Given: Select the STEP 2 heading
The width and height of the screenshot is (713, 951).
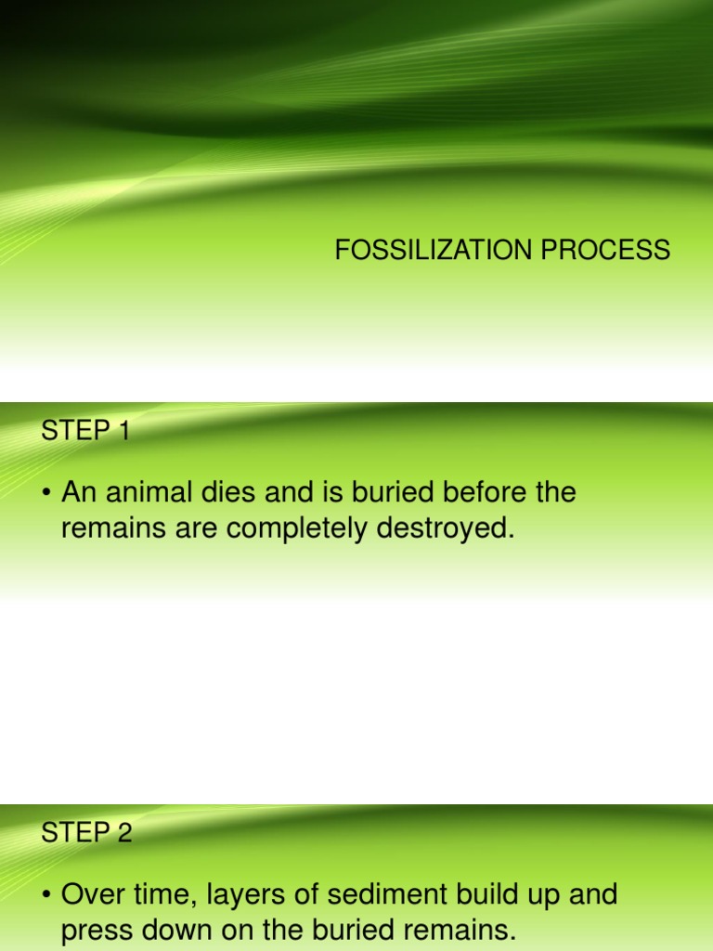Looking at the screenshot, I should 87,833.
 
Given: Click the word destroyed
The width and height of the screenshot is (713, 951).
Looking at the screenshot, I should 444,529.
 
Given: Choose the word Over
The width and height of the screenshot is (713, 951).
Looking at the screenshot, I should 89,895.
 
